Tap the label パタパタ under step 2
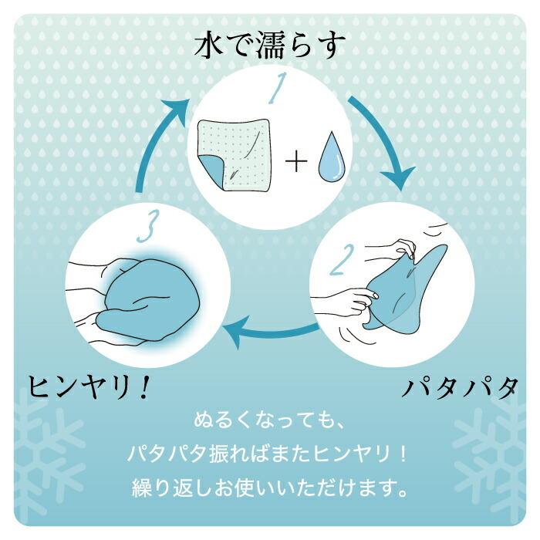point(457,388)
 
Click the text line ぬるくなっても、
point(269,423)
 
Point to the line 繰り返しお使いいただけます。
point(269,488)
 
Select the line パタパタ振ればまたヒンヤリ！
point(269,455)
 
